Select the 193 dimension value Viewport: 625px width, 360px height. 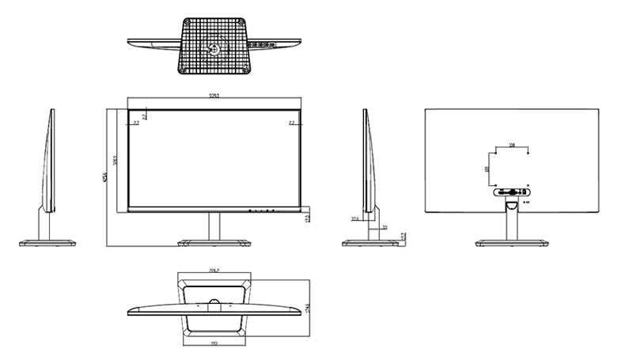[x=214, y=343]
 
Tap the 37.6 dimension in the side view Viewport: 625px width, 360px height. [x=355, y=218]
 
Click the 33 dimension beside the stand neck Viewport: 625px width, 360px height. [x=384, y=227]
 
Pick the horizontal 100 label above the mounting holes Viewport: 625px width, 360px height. [x=512, y=146]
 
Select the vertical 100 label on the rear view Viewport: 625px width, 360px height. [x=487, y=169]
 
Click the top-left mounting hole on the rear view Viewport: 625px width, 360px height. [x=496, y=153]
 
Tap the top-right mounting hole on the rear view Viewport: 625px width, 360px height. [x=528, y=153]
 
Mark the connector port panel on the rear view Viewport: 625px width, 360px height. [x=513, y=191]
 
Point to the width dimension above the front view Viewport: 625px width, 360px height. [x=214, y=97]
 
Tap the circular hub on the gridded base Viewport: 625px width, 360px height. [x=213, y=47]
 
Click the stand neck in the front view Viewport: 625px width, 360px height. [x=214, y=225]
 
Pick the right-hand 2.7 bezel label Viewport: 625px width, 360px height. [x=292, y=123]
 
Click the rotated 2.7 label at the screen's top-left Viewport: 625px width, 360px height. [x=145, y=116]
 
